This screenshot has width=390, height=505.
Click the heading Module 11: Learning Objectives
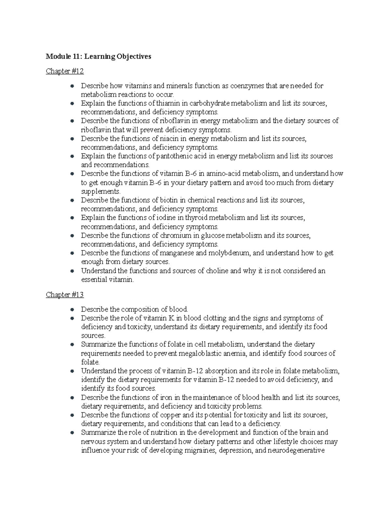click(98, 57)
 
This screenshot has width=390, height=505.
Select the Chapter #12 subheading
click(65, 71)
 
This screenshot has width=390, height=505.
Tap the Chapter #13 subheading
click(65, 295)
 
